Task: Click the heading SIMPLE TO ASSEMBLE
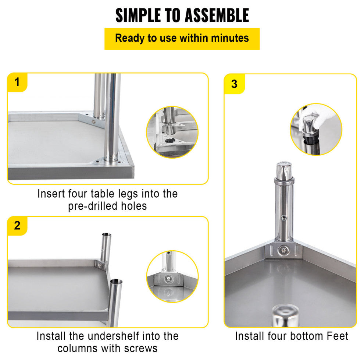coord(182,15)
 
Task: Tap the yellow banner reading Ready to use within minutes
coord(182,38)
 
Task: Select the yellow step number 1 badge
coord(17,82)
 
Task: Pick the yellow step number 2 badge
coord(17,226)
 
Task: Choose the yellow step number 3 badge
coord(234,84)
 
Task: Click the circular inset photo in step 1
coord(172,133)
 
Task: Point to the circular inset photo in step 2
coord(172,276)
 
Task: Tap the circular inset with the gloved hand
coord(316,129)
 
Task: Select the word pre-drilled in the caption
coord(92,206)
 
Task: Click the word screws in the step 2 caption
coord(143,348)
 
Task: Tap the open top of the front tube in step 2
coord(116,282)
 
